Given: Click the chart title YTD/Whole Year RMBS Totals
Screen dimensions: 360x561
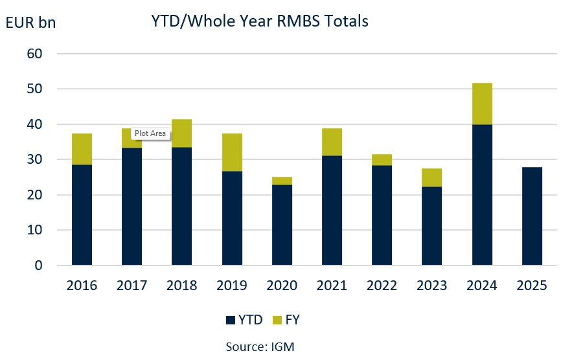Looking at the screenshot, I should coord(259,21).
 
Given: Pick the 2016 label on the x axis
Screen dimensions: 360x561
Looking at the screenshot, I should coord(82,286).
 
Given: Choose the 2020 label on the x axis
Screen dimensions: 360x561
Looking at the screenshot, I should coord(282,286).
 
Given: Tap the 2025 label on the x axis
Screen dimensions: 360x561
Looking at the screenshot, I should coord(532,286).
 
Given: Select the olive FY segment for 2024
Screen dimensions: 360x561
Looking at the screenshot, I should coord(482,104).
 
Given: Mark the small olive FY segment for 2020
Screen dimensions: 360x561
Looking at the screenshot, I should coord(282,181).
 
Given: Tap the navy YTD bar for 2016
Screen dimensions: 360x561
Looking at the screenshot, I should coord(82,215).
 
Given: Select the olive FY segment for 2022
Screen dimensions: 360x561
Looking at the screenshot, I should coord(382,159).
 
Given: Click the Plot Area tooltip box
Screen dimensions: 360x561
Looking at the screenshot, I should coord(150,134).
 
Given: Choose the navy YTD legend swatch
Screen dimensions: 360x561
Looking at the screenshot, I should coord(230,319).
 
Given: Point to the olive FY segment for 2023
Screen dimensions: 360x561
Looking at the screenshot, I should coord(432,177).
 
